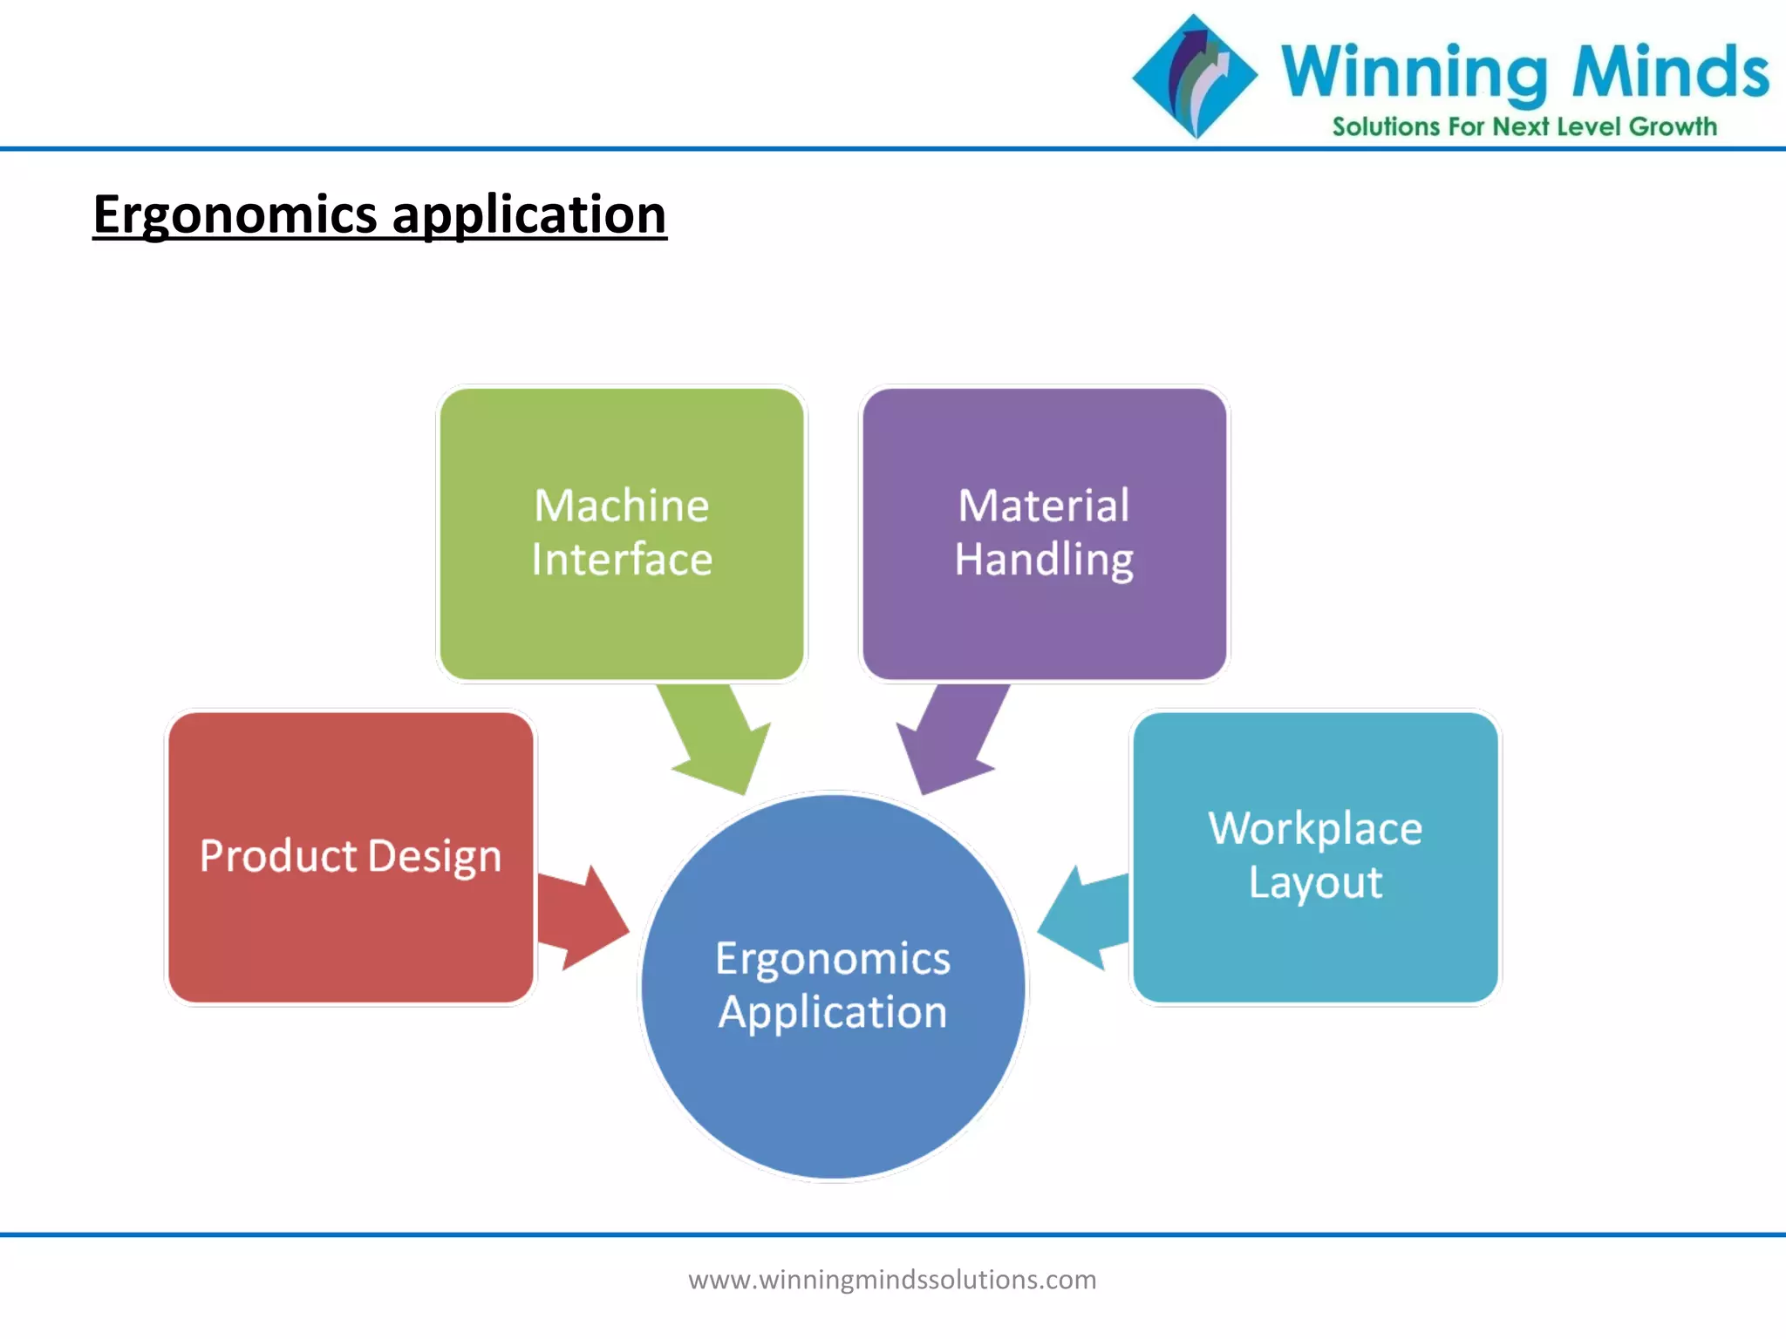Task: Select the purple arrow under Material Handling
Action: pyautogui.click(x=951, y=737)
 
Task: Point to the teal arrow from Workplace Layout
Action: pyautogui.click(x=1086, y=917)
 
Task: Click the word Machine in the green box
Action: pyautogui.click(x=621, y=506)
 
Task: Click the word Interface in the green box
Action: pyautogui.click(x=621, y=560)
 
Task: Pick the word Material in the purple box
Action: pyautogui.click(x=1043, y=506)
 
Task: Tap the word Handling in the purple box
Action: pyautogui.click(x=1043, y=560)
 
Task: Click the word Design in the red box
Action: pyautogui.click(x=434, y=856)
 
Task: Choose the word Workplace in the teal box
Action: pyautogui.click(x=1314, y=828)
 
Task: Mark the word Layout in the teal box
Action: pyautogui.click(x=1314, y=882)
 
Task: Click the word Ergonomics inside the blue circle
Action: pyautogui.click(x=832, y=959)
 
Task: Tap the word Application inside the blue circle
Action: pyautogui.click(x=832, y=1012)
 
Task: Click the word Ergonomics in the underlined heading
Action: pyautogui.click(x=235, y=214)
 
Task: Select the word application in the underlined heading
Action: pyautogui.click(x=528, y=214)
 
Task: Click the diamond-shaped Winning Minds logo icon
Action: pyautogui.click(x=1195, y=76)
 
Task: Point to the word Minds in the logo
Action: pyautogui.click(x=1669, y=71)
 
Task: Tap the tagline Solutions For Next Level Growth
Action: pyautogui.click(x=1524, y=127)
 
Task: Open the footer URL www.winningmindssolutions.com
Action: pyautogui.click(x=891, y=1280)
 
